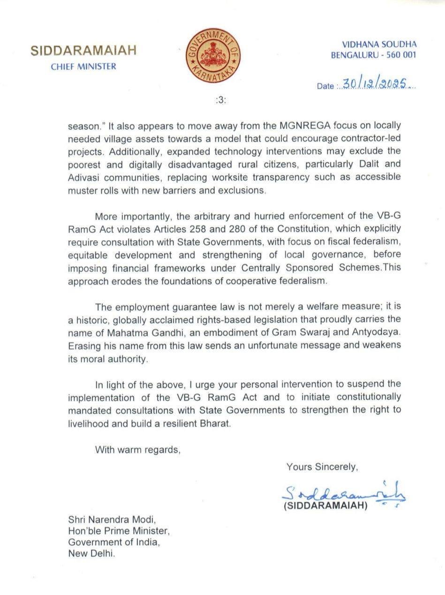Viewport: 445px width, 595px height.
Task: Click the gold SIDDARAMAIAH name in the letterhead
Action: click(x=83, y=51)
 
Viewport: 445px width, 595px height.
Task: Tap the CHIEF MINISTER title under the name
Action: click(x=83, y=67)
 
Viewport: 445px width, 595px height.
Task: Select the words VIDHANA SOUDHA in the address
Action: click(x=379, y=45)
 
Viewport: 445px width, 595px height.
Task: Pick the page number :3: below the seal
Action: click(x=221, y=100)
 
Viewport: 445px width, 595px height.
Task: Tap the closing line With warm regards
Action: click(x=137, y=450)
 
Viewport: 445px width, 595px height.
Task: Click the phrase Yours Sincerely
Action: click(x=322, y=467)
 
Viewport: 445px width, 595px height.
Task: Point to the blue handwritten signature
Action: click(x=342, y=493)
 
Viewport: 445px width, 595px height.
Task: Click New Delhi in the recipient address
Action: click(x=91, y=553)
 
